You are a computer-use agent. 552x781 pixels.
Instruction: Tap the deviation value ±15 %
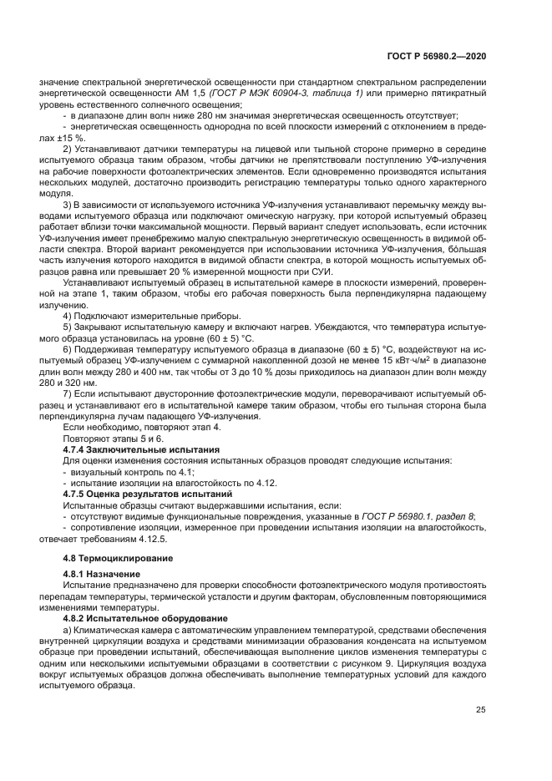[x=68, y=137]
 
